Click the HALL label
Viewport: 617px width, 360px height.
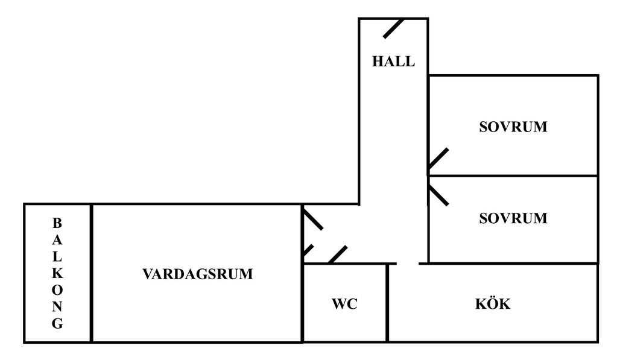(x=393, y=62)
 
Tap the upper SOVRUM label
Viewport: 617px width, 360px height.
(x=513, y=127)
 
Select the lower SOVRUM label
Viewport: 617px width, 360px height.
(x=513, y=218)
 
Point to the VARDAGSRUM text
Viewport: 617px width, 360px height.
(x=198, y=274)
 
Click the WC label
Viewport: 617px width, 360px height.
(x=344, y=305)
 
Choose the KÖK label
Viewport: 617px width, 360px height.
(x=492, y=305)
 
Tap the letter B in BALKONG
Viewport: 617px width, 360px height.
(x=57, y=223)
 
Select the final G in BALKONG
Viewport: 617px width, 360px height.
(x=57, y=324)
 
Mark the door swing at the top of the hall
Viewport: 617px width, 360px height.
(x=393, y=28)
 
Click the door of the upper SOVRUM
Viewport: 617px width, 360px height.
(x=438, y=160)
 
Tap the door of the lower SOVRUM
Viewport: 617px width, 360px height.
(x=438, y=195)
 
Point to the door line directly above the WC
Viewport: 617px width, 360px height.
(x=338, y=254)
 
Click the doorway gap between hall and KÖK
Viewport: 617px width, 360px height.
(x=408, y=264)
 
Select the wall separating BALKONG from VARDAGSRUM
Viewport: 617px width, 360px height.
(x=91, y=273)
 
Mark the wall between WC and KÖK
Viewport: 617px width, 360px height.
(x=387, y=303)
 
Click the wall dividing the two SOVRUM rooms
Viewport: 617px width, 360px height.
(x=513, y=176)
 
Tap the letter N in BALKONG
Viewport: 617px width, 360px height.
(x=57, y=307)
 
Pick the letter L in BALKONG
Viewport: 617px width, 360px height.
(x=57, y=256)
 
